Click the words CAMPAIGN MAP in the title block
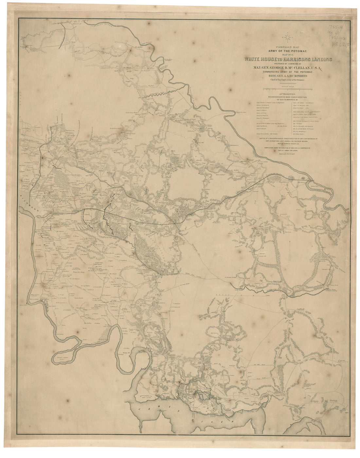288,47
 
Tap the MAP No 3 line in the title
288,55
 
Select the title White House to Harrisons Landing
288,59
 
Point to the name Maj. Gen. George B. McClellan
288,68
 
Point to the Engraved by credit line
288,153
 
